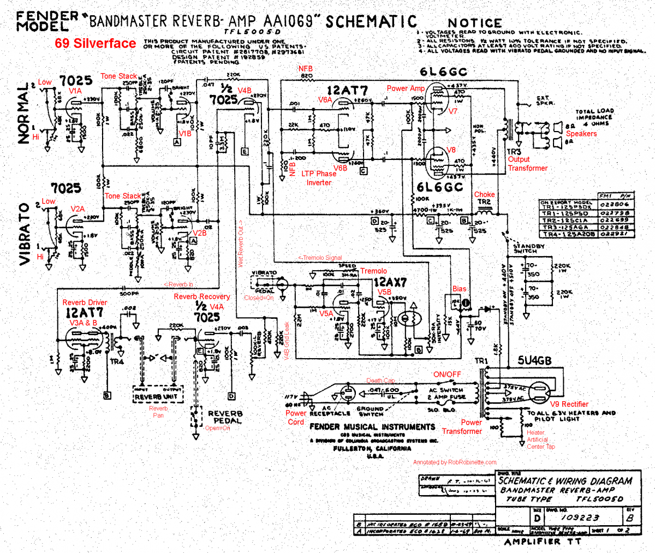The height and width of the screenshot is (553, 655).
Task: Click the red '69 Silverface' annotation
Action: pos(96,44)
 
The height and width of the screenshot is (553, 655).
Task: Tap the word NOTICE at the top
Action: pos(474,23)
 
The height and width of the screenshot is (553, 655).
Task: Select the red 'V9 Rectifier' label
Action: pos(569,405)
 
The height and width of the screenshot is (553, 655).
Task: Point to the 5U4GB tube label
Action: pos(534,361)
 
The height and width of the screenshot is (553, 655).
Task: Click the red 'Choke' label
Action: pos(484,194)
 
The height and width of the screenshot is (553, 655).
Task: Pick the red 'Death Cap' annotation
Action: pos(380,380)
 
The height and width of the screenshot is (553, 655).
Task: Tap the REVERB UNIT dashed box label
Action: pos(156,397)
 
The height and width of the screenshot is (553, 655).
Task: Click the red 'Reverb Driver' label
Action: pos(85,302)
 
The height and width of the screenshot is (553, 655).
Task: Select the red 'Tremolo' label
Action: pos(373,271)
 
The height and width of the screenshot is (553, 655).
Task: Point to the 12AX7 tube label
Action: pos(390,282)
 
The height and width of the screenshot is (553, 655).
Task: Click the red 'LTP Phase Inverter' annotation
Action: pos(319,178)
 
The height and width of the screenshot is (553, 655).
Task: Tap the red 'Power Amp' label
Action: pos(406,88)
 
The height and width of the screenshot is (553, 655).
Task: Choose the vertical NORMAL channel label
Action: pos(23,114)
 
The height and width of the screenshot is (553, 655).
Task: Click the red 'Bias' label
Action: pos(459,289)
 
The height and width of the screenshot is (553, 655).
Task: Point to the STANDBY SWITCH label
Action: pos(529,248)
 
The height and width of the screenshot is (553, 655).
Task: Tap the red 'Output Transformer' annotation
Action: pos(527,164)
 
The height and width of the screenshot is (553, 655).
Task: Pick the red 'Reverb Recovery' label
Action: pos(202,296)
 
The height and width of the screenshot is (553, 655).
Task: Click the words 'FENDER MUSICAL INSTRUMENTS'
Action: pos(372,427)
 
